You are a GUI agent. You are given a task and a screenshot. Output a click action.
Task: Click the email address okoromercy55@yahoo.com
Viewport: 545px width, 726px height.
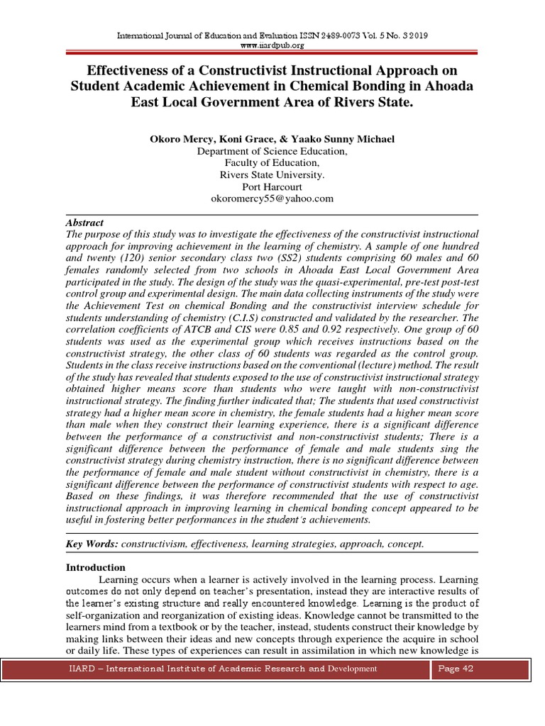tap(272, 199)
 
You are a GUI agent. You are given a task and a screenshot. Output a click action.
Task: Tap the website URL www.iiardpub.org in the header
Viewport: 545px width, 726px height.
tap(272, 45)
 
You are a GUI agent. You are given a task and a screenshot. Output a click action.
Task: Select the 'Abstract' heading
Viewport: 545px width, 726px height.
tap(84, 222)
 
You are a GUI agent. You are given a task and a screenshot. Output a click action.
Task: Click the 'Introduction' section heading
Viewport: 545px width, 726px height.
tap(96, 567)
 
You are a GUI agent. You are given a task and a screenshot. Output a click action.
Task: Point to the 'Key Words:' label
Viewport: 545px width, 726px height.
tap(92, 544)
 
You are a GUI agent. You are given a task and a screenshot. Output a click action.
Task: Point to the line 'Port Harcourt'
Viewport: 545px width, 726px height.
tap(272, 187)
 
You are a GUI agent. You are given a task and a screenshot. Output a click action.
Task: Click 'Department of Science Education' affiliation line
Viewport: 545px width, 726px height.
tap(272, 151)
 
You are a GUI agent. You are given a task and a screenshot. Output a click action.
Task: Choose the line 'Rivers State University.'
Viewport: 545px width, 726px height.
tap(272, 175)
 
